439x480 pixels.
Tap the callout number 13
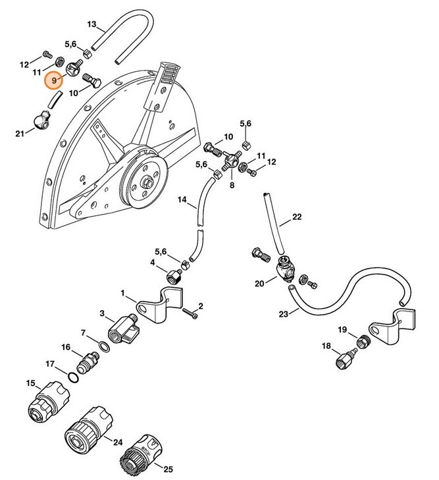[x=92, y=25]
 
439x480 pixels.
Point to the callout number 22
[x=297, y=217]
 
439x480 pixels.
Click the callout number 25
[x=168, y=469]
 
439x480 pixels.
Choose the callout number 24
[x=118, y=442]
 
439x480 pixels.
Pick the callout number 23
[x=283, y=314]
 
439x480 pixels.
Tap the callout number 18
[x=325, y=346]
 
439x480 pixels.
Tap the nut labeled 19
[x=361, y=341]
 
